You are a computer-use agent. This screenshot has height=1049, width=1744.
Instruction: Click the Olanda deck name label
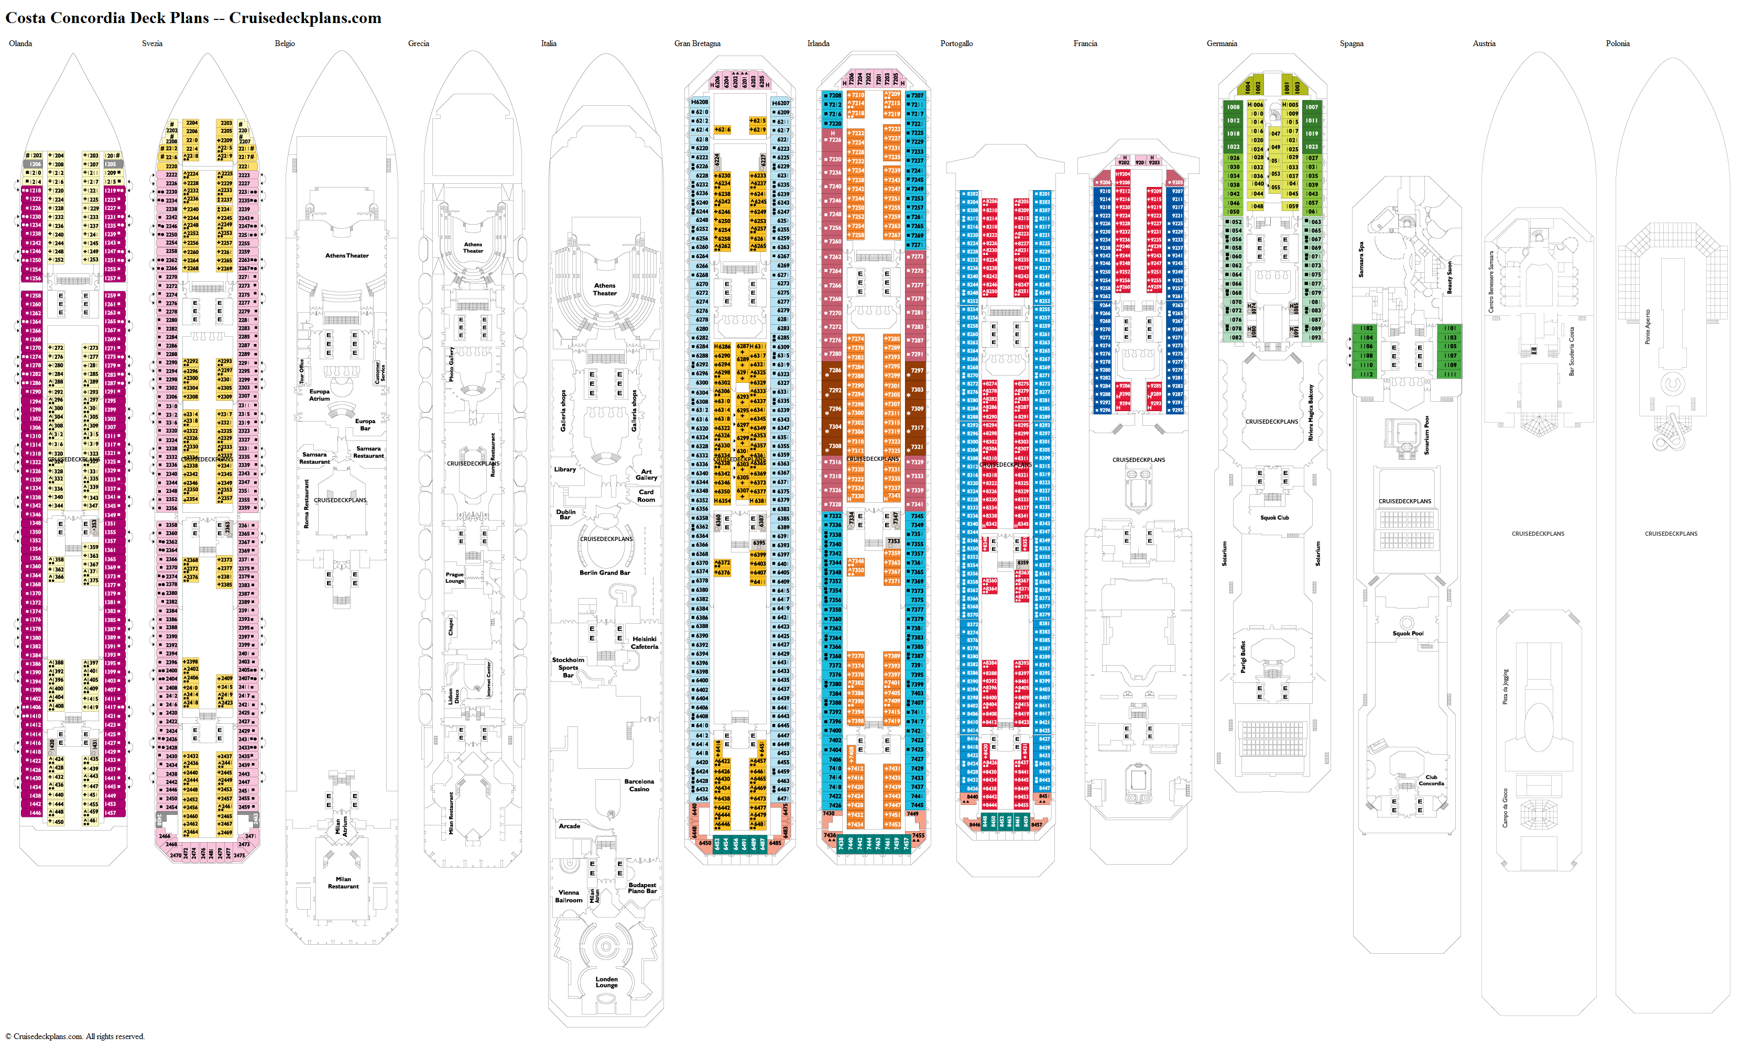20,44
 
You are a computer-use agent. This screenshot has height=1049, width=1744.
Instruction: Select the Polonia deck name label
1617,44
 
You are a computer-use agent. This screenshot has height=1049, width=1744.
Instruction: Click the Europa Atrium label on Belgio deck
319,395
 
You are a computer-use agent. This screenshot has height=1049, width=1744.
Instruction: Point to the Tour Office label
301,372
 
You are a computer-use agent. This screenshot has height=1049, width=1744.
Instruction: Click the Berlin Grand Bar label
605,572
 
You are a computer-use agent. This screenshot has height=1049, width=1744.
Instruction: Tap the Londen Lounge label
606,982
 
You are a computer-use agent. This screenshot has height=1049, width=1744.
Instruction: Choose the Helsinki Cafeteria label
644,643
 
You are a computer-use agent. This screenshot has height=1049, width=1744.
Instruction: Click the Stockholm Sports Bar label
568,667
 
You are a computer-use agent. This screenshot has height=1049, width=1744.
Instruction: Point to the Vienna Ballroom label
569,896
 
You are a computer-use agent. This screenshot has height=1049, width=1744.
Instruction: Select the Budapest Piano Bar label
642,888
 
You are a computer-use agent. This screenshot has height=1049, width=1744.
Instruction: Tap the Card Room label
646,495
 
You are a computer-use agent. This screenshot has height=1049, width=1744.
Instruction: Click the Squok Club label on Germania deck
1274,517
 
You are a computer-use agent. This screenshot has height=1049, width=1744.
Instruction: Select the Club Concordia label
1431,780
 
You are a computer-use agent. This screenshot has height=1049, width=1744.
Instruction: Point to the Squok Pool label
1408,633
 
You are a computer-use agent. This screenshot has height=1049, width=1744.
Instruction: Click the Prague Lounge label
455,578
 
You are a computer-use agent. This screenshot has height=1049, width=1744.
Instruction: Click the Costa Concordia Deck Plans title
193,18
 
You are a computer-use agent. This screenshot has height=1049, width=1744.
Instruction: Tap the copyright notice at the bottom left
75,1036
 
